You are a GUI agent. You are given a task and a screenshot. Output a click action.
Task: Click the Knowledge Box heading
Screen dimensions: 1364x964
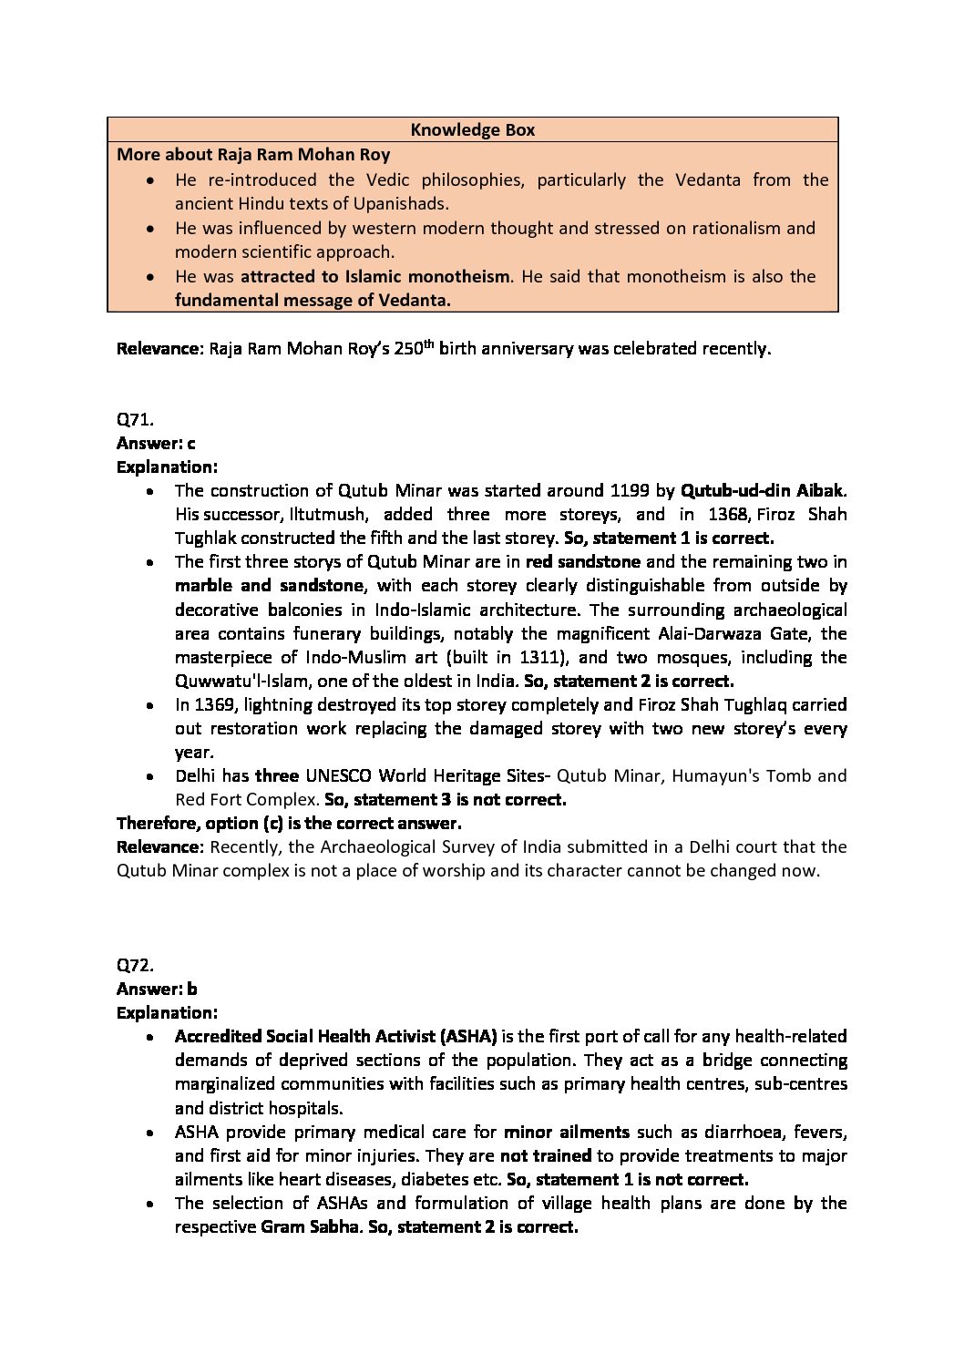coord(472,130)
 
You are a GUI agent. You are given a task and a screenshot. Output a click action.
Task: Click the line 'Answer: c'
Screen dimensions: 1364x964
coord(156,444)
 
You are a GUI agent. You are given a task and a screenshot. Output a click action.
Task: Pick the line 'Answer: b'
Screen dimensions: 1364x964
coord(157,989)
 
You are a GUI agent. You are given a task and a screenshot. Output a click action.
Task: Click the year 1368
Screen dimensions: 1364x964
coord(724,515)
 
